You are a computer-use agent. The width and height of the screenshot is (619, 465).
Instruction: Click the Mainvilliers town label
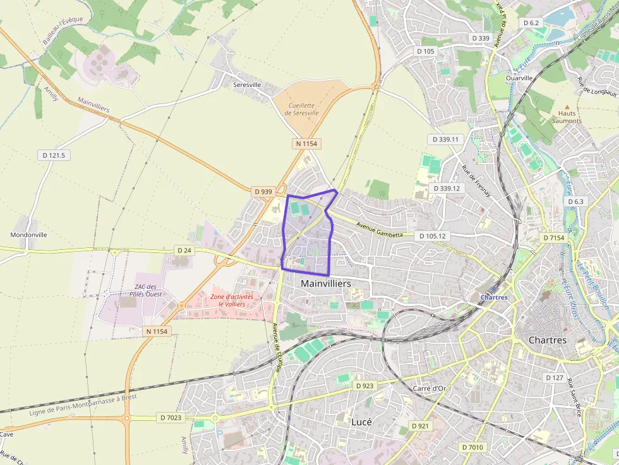coord(326,284)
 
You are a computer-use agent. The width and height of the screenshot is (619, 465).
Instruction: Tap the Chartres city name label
coord(548,340)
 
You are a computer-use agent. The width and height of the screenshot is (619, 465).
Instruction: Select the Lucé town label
coord(361,421)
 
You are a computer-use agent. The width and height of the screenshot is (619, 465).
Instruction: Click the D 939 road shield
coord(263,191)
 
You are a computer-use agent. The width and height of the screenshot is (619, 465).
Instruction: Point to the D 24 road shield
coord(184,250)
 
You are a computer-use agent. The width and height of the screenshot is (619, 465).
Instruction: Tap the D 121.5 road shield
coord(54,155)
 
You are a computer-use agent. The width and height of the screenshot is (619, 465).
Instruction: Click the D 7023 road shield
coord(171,417)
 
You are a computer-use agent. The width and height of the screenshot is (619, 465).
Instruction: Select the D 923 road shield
coord(364,385)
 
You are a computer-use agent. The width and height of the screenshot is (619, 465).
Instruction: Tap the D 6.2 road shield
coord(531,23)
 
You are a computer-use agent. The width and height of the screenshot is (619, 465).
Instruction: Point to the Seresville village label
coord(247,85)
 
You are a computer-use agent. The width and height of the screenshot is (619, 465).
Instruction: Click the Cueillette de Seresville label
coord(301,109)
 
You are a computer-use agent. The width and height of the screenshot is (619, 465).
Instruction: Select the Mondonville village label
coord(28,235)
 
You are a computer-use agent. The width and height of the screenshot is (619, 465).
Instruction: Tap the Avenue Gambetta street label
coord(379,230)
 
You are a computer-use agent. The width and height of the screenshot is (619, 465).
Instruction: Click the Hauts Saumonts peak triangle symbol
coord(567,107)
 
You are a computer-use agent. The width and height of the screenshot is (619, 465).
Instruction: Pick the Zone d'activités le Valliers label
coord(232,300)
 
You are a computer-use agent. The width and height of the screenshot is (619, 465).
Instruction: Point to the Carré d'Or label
coord(430,388)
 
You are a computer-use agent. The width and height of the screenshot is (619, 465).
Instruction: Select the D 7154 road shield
coord(554,238)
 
